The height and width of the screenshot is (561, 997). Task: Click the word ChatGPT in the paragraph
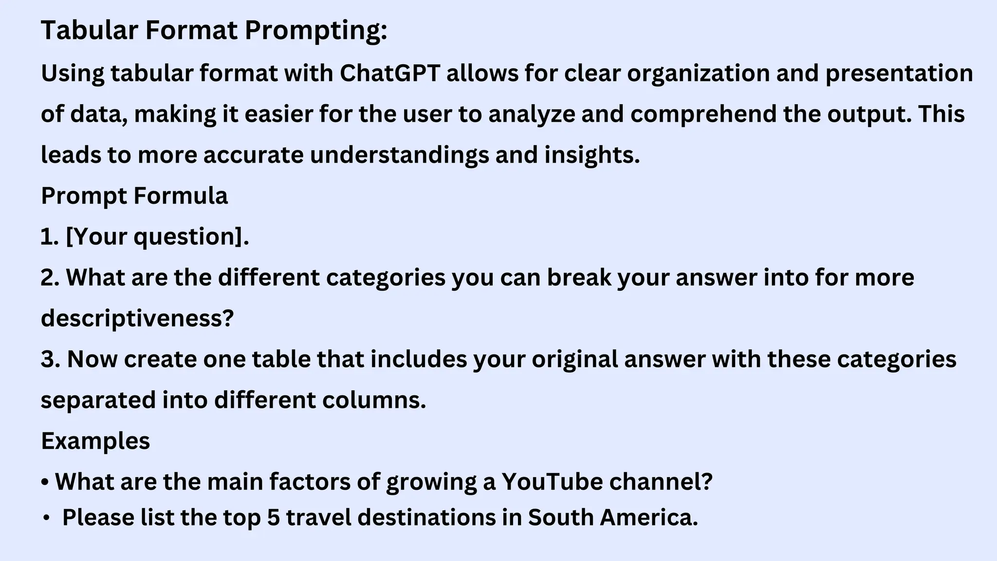coord(390,74)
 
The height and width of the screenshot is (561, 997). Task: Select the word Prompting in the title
coord(315,30)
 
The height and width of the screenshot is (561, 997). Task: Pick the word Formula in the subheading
coord(181,196)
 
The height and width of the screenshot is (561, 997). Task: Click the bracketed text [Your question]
coord(157,237)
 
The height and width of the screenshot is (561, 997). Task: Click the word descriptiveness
coord(137,319)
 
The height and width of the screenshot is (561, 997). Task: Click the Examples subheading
coord(95,441)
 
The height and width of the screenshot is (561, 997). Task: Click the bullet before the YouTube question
coord(45,482)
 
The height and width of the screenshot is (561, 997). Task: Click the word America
coord(648,518)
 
